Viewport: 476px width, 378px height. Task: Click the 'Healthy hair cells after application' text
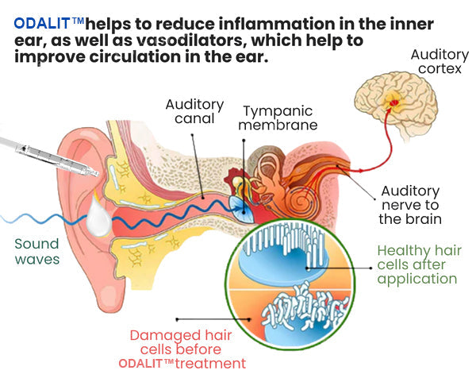418,264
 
